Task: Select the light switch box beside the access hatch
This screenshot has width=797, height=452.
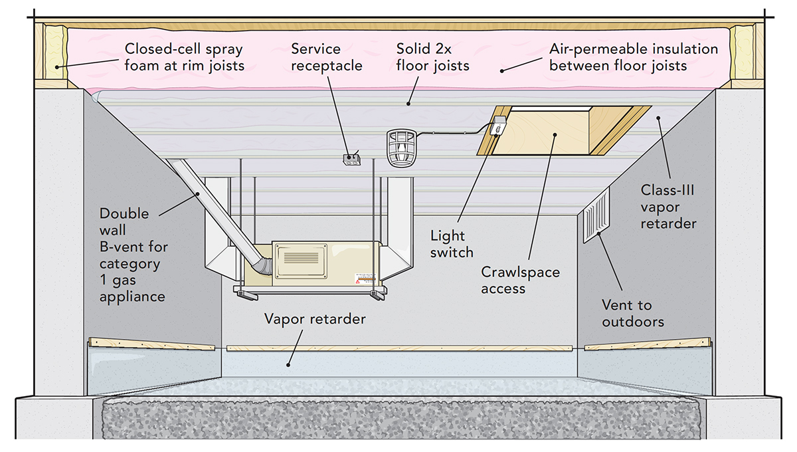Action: point(498,126)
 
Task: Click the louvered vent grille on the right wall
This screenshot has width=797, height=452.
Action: point(596,215)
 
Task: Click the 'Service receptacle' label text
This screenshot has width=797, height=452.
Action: point(326,57)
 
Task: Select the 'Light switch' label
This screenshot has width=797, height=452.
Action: point(452,244)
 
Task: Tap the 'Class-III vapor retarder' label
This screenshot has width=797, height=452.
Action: point(668,207)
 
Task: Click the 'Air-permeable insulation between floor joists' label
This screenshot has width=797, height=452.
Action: point(633,57)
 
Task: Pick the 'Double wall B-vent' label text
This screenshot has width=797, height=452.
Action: point(133,255)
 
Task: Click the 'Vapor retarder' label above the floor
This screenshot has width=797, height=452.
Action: point(315,319)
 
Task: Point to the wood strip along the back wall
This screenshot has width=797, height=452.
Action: point(398,348)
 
